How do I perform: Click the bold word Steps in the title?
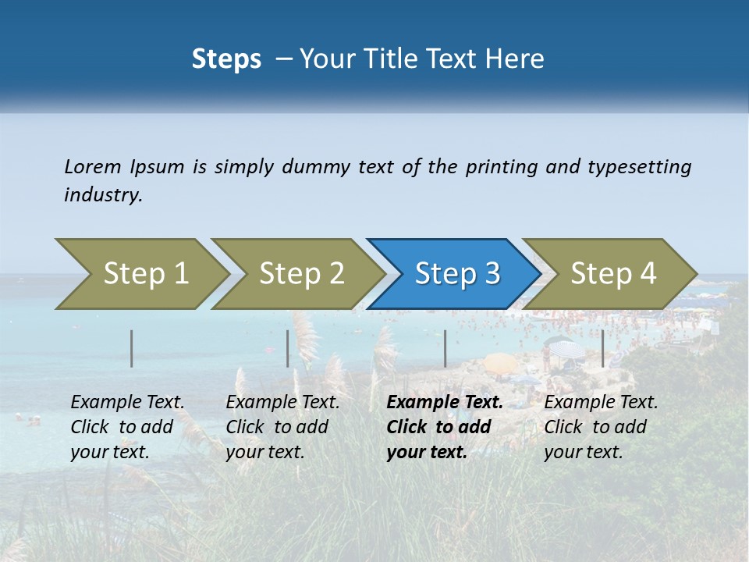click(226, 59)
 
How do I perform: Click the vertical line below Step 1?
click(132, 348)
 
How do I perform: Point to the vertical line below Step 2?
click(288, 348)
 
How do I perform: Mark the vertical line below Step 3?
click(445, 348)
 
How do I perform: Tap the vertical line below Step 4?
click(602, 348)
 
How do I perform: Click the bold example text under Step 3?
click(443, 427)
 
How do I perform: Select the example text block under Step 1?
click(126, 427)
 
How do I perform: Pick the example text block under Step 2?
click(282, 427)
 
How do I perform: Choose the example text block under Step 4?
click(600, 427)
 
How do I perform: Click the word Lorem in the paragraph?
click(92, 167)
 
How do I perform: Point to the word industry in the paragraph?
click(102, 195)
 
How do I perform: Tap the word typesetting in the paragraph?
click(639, 167)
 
